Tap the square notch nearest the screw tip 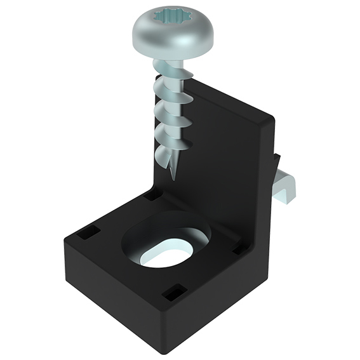(153, 196)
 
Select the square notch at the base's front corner (171, 293)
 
